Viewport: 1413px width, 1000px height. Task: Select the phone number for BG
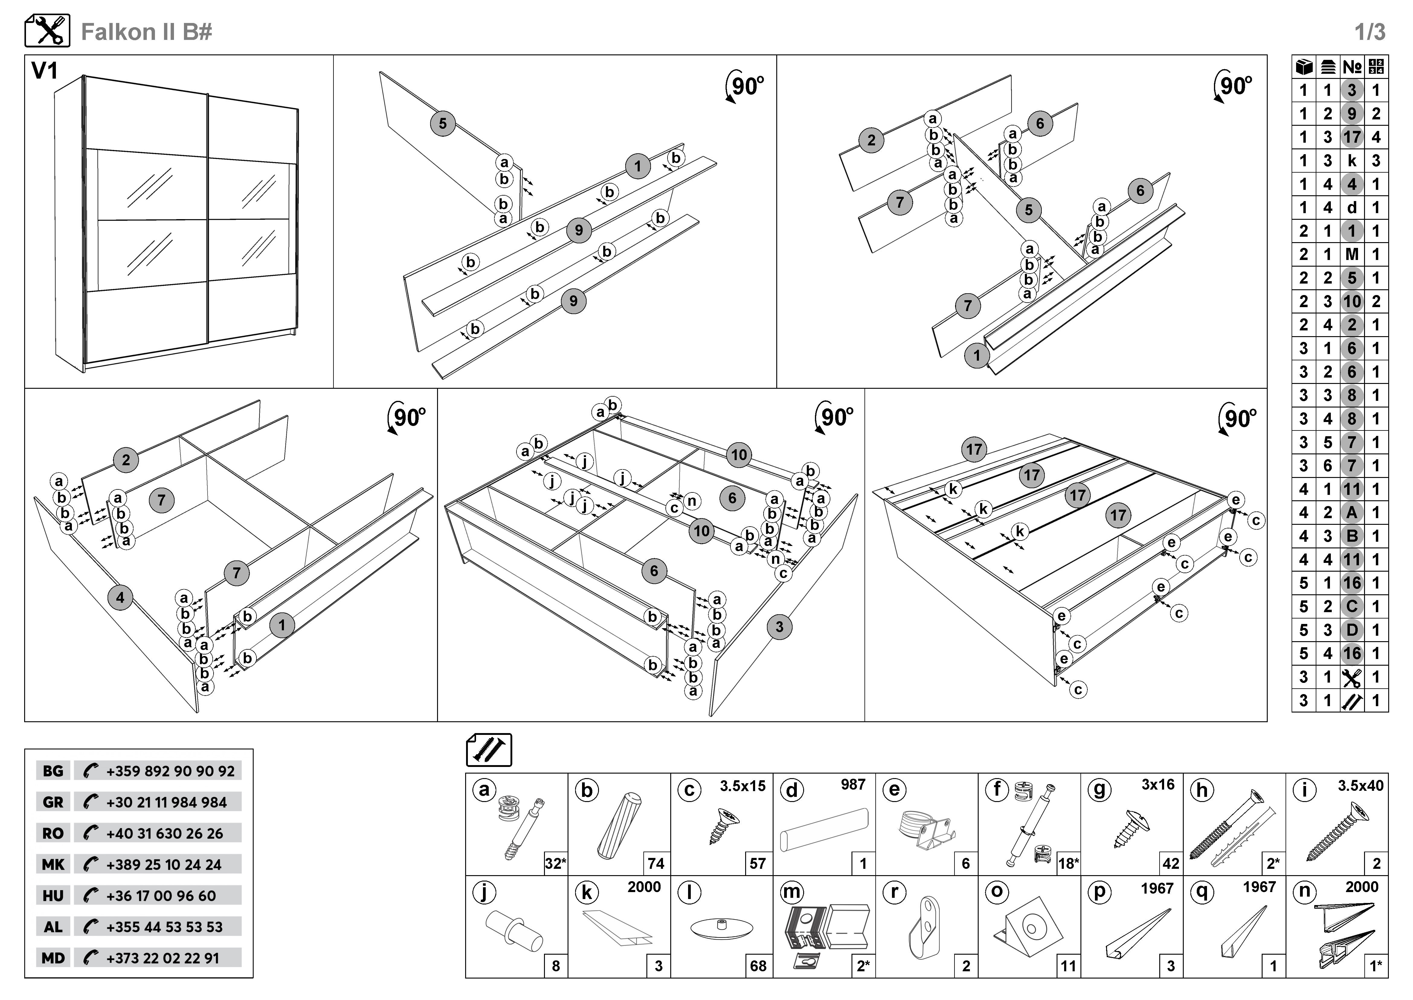pos(170,771)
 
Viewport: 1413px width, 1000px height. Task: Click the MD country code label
pos(53,958)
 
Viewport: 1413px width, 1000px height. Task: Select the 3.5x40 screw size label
pos(1360,786)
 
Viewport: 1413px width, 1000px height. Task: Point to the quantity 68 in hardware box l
pos(758,966)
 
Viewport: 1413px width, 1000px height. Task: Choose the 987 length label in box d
pos(853,784)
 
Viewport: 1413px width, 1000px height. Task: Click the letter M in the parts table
pos(1351,254)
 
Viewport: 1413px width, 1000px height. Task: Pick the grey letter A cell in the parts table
pos(1351,512)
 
